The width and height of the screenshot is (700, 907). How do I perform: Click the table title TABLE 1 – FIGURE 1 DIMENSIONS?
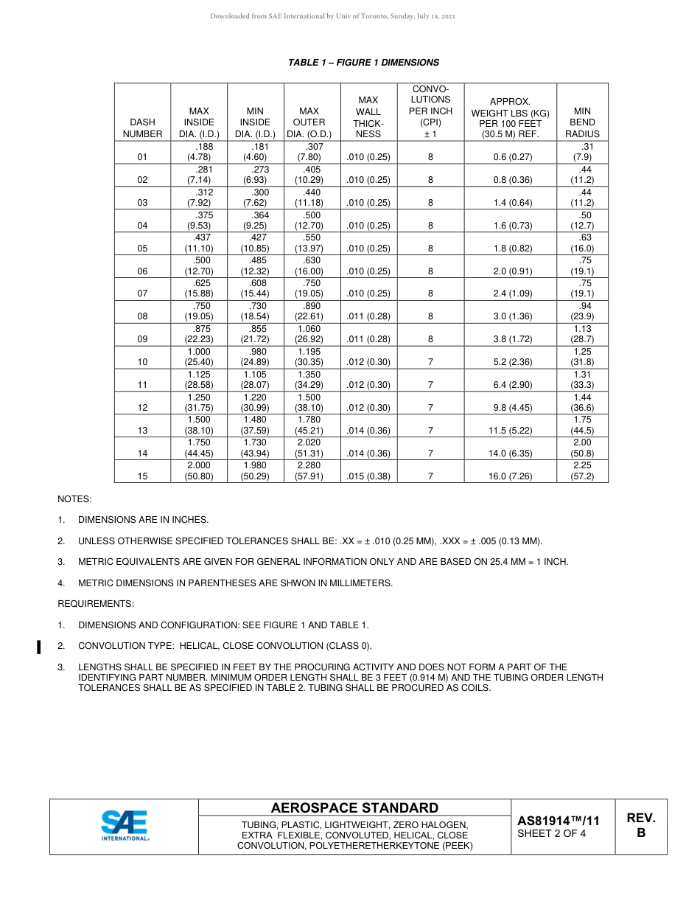coord(363,63)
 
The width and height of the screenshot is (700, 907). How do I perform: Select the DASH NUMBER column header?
coord(142,128)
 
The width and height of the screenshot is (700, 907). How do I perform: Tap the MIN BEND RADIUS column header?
coord(582,122)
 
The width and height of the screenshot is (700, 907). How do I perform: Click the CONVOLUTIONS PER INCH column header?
coord(430,111)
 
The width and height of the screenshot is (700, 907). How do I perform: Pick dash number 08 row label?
coord(142,316)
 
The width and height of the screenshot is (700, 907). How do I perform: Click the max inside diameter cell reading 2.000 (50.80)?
coord(199,470)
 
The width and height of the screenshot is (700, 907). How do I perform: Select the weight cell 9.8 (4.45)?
coord(510,408)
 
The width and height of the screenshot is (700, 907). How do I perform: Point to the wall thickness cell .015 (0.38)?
coord(368,476)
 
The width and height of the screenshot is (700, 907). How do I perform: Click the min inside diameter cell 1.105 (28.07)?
coord(255,379)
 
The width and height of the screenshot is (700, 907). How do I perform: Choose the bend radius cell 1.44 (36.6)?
coord(582,402)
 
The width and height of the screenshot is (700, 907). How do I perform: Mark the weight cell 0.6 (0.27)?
coord(510,157)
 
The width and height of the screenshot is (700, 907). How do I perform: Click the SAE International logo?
coord(125,826)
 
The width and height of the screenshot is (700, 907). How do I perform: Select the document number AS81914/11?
coord(558,821)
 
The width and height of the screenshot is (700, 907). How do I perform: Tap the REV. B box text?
coord(640,825)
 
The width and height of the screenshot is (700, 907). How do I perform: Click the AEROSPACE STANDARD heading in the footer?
coord(354,808)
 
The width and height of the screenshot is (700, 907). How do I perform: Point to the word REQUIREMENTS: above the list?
coord(96,604)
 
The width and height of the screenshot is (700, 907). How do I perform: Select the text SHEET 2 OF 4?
coord(552,834)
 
